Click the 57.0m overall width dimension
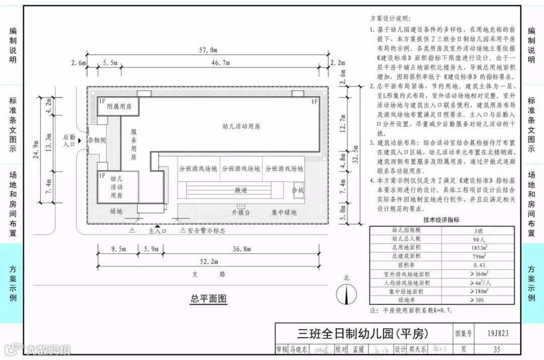click(x=208, y=50)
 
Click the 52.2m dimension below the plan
click(x=209, y=261)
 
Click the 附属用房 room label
click(x=118, y=107)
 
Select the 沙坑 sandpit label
click(x=298, y=190)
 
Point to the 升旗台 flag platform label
click(x=241, y=212)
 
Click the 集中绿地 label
click(x=284, y=212)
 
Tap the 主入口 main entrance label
click(x=158, y=231)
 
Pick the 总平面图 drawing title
click(x=209, y=299)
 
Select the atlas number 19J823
click(x=498, y=333)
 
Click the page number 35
click(x=497, y=349)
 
